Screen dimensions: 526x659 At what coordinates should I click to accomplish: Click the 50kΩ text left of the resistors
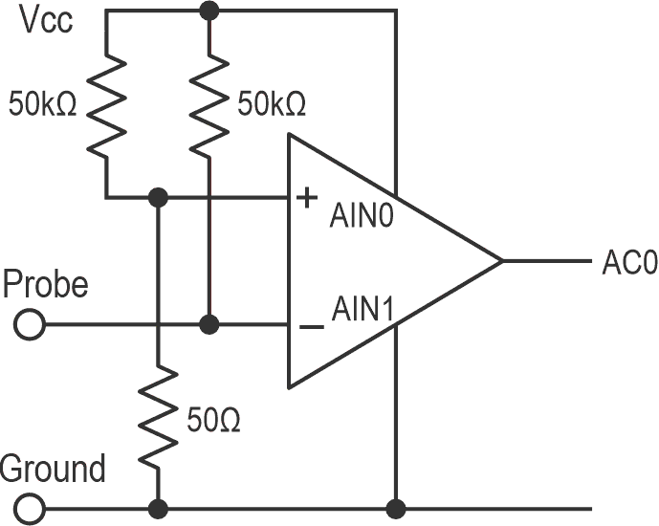(43, 101)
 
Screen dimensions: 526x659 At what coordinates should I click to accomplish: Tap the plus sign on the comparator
(308, 198)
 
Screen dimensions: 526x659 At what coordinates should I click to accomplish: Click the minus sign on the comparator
(311, 327)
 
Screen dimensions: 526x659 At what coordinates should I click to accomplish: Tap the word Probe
(46, 284)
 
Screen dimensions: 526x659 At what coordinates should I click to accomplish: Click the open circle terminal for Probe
(30, 326)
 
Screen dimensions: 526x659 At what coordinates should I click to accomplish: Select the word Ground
(54, 470)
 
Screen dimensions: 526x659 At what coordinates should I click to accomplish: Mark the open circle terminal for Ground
(30, 507)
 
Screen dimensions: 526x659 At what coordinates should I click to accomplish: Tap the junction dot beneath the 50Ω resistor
(158, 507)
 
